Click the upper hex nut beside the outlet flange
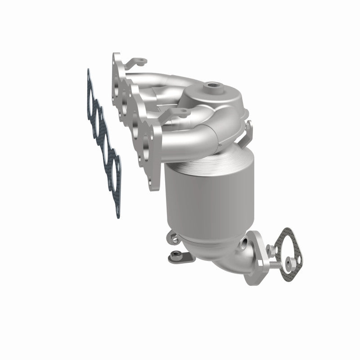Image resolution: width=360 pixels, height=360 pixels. (270, 247)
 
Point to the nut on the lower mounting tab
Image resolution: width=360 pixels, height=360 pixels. (175, 257)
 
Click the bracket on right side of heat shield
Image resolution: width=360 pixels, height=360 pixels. (247, 130)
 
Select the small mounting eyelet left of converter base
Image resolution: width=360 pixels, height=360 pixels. (171, 235)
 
